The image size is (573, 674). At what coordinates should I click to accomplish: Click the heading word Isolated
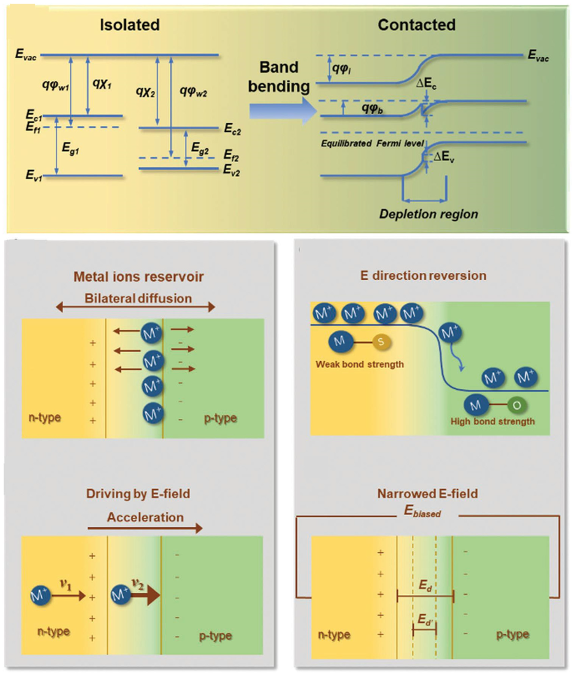coord(130,25)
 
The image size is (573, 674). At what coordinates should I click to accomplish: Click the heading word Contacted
coord(416,25)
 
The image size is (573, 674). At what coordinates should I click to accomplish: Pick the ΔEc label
coord(426,84)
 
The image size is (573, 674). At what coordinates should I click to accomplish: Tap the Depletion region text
coord(428,214)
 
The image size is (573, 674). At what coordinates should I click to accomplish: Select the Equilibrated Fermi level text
coord(372,143)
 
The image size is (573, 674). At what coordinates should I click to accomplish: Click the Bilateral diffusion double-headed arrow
coord(135,307)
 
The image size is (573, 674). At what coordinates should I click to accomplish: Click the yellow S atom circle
coord(381,342)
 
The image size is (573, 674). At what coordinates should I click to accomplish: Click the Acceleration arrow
coord(145,528)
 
